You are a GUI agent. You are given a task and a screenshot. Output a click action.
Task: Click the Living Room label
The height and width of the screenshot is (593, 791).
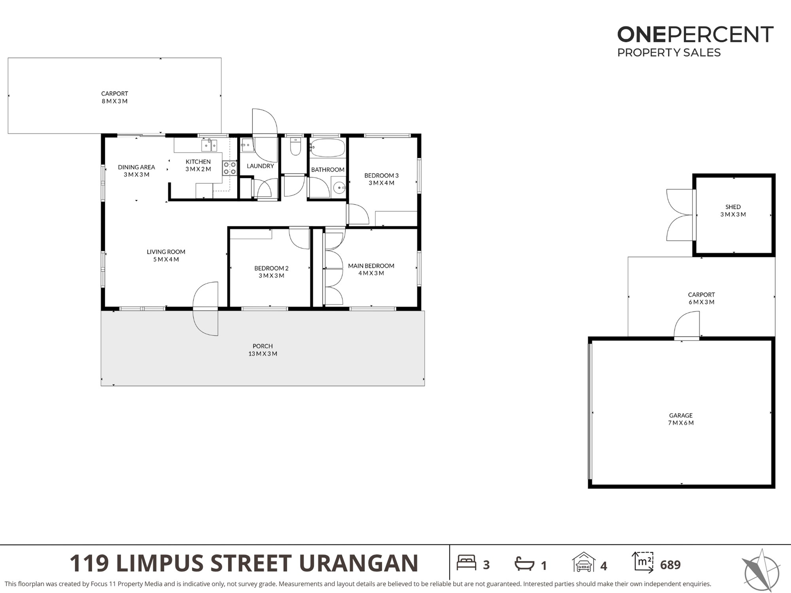tap(166, 255)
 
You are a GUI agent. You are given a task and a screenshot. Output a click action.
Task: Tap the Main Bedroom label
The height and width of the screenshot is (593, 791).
tap(371, 269)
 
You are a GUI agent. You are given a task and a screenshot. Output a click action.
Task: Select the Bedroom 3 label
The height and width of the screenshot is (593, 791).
tap(381, 179)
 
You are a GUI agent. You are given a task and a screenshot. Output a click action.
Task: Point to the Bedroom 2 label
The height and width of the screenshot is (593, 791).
tap(271, 272)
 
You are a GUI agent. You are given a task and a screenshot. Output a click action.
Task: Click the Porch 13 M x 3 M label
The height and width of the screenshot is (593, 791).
tap(263, 350)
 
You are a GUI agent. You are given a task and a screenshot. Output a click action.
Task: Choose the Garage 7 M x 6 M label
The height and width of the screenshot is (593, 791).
tap(681, 419)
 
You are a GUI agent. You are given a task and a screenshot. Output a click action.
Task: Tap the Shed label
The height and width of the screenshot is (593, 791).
tap(733, 207)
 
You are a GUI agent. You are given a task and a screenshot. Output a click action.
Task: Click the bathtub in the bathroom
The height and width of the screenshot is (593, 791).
tap(327, 148)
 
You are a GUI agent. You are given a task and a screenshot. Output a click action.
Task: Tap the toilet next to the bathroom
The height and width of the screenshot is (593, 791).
tap(295, 146)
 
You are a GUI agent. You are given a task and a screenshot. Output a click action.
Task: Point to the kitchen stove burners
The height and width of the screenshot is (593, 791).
tap(229, 168)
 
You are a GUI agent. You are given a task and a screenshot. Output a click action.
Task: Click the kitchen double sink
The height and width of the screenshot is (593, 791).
tap(209, 145)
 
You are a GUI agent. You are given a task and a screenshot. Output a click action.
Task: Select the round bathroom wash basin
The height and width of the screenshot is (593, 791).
tap(339, 188)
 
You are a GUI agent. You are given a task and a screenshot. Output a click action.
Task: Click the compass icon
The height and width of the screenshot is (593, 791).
tap(761, 570)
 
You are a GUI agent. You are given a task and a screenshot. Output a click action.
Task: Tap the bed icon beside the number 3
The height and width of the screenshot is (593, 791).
tap(466, 563)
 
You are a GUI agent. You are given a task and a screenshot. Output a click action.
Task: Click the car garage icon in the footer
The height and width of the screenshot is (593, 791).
tap(584, 562)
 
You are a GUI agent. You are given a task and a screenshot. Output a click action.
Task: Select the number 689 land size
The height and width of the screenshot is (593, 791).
tap(670, 565)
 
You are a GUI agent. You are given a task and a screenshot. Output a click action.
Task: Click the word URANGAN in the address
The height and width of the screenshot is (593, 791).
tap(359, 563)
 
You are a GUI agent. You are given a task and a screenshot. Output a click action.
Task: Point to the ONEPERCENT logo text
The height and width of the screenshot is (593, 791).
tap(695, 34)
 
